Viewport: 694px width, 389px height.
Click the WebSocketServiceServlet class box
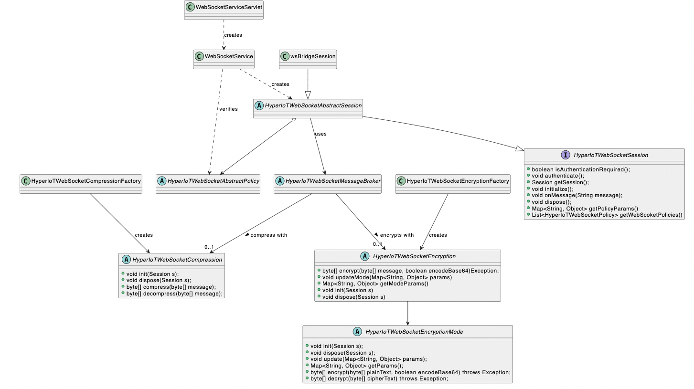[224, 10]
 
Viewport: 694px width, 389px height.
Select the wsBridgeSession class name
[313, 56]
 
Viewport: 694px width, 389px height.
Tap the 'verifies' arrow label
[228, 109]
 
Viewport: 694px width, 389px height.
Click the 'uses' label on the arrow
[321, 134]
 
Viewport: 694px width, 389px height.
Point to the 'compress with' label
[268, 235]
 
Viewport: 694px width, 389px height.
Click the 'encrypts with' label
[396, 235]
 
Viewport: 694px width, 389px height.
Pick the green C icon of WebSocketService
[199, 56]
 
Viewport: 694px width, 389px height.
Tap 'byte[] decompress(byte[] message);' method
[174, 294]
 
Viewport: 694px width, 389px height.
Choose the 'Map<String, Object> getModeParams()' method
[375, 284]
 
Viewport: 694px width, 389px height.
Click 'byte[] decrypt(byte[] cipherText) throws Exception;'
[379, 378]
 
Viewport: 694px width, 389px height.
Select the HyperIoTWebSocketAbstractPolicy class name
[214, 181]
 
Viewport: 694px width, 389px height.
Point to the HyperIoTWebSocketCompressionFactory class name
[86, 181]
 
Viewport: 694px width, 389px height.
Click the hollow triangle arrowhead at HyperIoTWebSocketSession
[520, 149]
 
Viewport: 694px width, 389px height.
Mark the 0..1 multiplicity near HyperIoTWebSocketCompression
[209, 247]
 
